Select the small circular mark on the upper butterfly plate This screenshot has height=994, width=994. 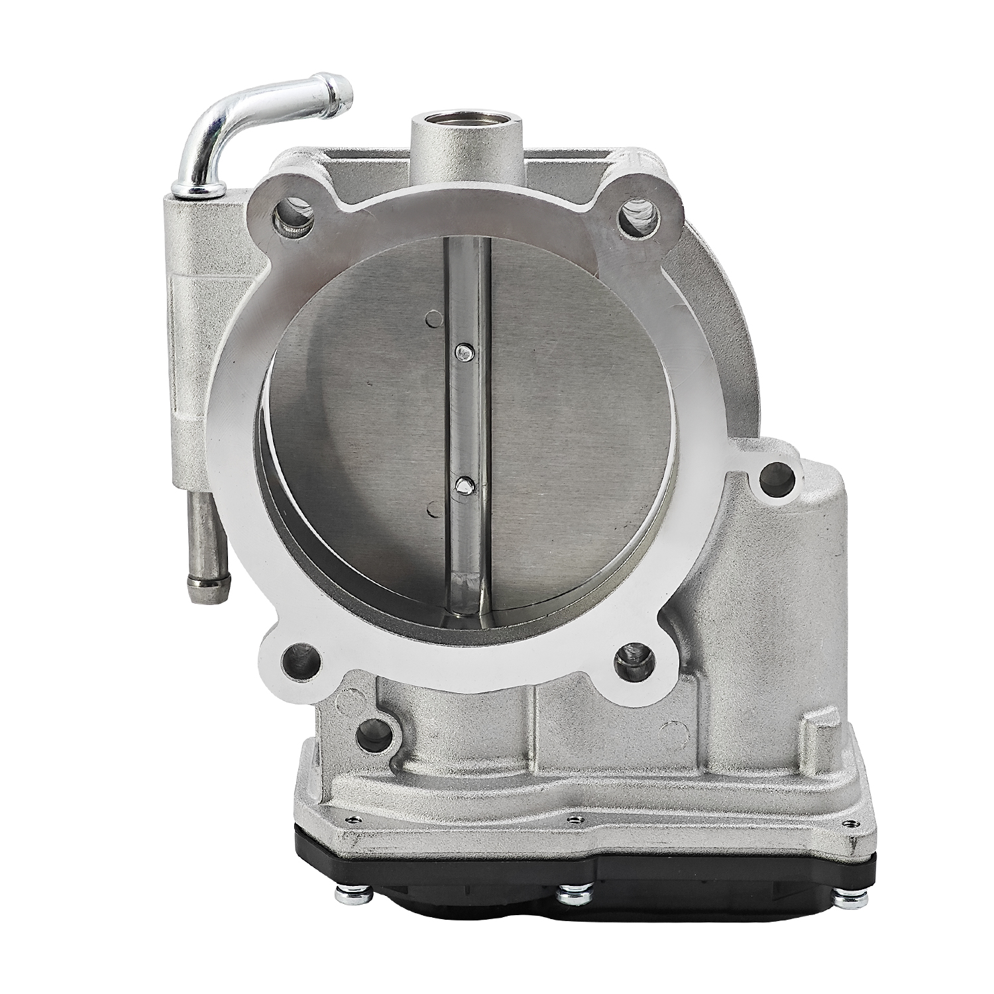[435, 319]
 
